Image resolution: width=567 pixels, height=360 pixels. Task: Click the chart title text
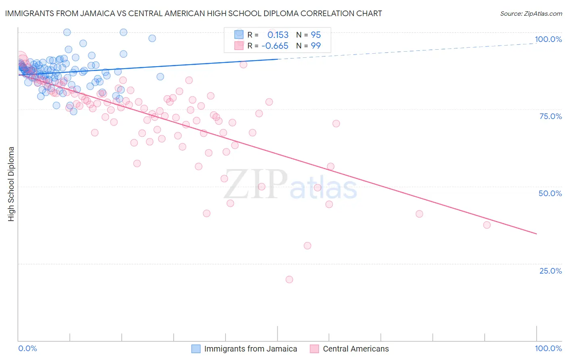[x=194, y=13]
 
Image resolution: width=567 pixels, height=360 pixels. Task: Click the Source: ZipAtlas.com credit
[x=531, y=13]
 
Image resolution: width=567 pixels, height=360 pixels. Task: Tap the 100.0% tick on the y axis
[x=548, y=39]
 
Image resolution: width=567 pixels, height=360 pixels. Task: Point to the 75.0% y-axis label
[x=550, y=116]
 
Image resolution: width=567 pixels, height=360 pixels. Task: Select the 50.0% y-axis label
[x=550, y=193]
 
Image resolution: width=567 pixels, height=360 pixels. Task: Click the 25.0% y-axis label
[x=550, y=271]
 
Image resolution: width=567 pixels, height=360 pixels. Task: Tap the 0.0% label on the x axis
[x=27, y=348]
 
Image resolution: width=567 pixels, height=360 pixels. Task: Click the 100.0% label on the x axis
[x=548, y=348]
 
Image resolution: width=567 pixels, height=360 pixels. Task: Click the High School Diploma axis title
[x=11, y=184]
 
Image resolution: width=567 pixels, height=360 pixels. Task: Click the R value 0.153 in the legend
[x=278, y=35]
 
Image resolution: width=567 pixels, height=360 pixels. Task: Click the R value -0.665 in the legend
[x=275, y=46]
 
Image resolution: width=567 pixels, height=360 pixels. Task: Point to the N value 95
[x=316, y=35]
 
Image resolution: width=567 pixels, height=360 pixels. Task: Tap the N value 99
[x=316, y=46]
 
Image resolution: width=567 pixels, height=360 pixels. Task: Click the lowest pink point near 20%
[x=289, y=279]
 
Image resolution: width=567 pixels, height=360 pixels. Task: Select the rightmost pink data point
[x=487, y=225]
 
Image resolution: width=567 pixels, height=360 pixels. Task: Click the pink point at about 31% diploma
[x=307, y=246]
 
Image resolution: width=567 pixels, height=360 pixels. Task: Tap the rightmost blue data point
[x=160, y=77]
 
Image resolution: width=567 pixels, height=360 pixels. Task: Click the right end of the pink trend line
[x=536, y=234]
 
